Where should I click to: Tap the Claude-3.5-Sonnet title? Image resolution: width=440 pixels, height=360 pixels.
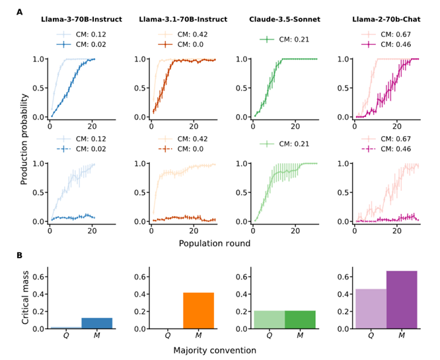tap(285, 20)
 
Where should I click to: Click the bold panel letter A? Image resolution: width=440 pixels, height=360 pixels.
tap(19, 12)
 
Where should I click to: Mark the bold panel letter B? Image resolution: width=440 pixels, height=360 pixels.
tap(19, 256)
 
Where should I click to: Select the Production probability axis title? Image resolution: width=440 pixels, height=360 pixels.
tap(24, 139)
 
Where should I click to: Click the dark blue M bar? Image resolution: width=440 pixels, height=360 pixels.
tap(97, 323)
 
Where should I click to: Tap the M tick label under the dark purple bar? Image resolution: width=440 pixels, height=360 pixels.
tap(402, 335)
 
